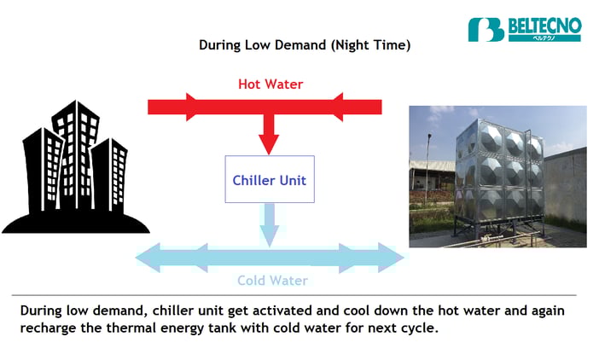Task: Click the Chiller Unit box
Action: (270, 179)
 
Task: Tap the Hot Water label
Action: (270, 84)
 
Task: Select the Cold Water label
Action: (272, 281)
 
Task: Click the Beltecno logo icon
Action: (486, 29)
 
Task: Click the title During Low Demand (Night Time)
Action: (305, 45)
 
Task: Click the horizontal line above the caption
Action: (299, 295)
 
